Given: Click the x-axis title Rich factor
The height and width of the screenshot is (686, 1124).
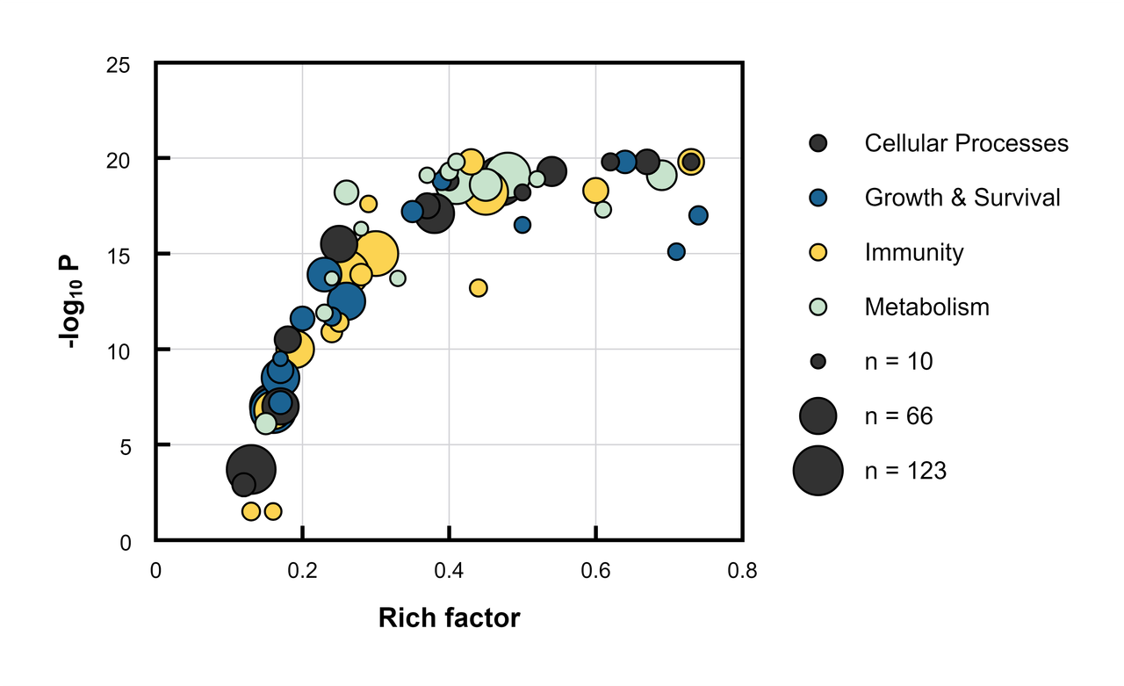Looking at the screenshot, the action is click(449, 618).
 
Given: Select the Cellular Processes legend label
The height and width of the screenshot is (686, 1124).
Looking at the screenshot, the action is click(966, 143).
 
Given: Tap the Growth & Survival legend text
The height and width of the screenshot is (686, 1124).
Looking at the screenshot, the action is click(962, 198).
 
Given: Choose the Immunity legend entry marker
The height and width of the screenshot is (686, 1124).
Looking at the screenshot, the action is click(818, 252).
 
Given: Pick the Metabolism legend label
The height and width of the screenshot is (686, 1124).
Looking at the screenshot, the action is click(926, 307).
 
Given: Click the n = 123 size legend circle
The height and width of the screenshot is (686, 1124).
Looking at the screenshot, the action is click(818, 471).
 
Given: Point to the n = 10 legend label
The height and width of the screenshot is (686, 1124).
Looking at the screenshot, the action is click(898, 362).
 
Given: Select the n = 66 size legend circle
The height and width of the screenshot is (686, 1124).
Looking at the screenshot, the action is click(818, 416).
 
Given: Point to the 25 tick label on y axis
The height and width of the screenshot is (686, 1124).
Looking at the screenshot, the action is click(118, 66).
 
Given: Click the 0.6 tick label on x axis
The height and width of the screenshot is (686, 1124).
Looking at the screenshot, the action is click(595, 572).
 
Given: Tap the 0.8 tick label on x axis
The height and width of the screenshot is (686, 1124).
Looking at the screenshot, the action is click(742, 572).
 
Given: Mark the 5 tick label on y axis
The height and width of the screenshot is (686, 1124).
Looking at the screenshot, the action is click(125, 447).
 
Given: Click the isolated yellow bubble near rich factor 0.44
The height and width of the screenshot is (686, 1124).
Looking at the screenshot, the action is click(479, 288).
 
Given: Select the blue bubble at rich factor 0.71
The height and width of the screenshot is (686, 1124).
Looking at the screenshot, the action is click(676, 251).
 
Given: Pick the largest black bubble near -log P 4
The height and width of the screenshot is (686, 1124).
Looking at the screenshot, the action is click(251, 469).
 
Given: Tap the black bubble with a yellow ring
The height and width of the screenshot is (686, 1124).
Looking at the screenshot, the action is click(691, 162).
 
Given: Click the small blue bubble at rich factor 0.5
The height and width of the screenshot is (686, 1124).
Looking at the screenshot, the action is click(522, 225).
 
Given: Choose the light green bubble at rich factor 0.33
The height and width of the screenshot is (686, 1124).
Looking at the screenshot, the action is click(398, 278).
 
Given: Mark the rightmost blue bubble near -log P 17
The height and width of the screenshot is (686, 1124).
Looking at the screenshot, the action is click(698, 215).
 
